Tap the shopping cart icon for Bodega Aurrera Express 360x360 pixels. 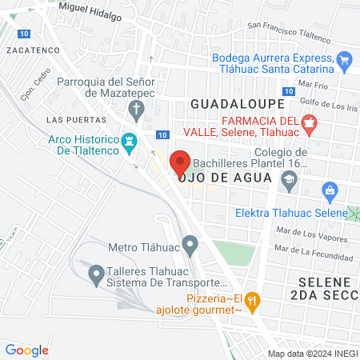tap(344, 59)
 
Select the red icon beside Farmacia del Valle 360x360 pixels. tap(312, 123)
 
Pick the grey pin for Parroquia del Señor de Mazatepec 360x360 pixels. tap(134, 106)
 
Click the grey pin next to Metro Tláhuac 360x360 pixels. tap(190, 243)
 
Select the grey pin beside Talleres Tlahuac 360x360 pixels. tap(96, 274)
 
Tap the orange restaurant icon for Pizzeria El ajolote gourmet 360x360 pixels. tap(253, 300)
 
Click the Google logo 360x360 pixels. tap(27, 350)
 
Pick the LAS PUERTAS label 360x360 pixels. tap(66, 120)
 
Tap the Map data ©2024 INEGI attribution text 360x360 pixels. tap(312, 353)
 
